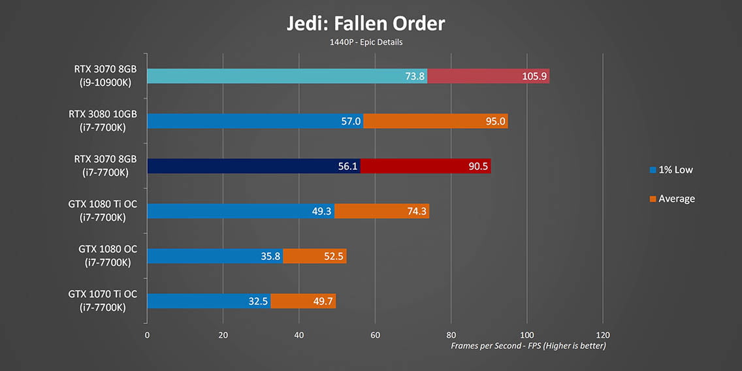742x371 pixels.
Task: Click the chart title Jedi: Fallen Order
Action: tap(366, 24)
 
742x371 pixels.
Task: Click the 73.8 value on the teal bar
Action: tap(415, 76)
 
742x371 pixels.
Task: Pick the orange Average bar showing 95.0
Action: tap(435, 121)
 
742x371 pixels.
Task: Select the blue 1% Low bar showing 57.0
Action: tap(255, 121)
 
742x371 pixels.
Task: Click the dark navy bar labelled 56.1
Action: tap(253, 166)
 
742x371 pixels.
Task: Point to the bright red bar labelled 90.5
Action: tap(425, 166)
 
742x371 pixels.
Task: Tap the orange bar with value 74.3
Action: tap(381, 211)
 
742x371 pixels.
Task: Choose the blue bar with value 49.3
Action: tap(240, 211)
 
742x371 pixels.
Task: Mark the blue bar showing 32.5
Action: tap(208, 301)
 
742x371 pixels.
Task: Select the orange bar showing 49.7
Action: tap(303, 301)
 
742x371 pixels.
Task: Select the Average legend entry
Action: tap(672, 199)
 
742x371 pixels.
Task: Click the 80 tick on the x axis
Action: tap(451, 334)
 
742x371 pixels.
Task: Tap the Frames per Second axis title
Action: tap(528, 346)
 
